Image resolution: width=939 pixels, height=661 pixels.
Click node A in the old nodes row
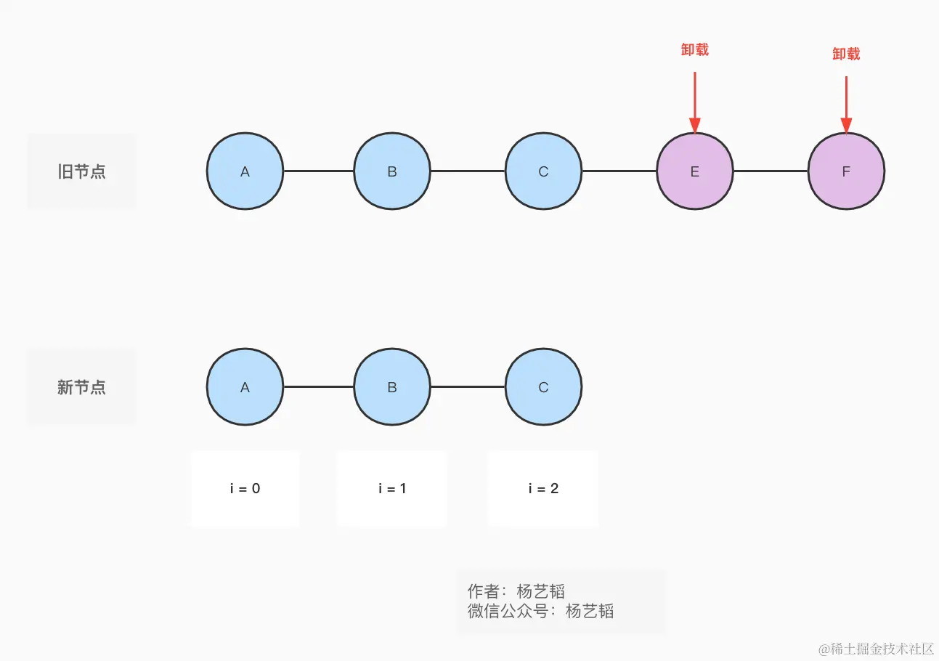point(245,171)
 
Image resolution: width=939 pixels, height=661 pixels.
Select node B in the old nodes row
point(392,171)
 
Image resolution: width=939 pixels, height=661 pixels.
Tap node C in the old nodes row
point(543,171)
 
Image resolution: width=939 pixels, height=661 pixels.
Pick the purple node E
point(695,171)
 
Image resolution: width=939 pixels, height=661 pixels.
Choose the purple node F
point(846,171)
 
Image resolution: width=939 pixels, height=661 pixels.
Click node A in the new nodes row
point(245,387)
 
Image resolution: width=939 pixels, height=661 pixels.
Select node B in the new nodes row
point(392,387)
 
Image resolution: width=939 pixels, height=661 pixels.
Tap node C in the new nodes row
point(543,387)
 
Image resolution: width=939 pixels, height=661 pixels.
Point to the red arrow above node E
point(695,102)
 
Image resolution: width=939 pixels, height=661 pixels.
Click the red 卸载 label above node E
point(695,49)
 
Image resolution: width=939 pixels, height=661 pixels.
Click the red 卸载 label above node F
point(846,54)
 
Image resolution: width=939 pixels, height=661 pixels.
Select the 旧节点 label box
point(81,171)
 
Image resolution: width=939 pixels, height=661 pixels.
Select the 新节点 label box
point(81,387)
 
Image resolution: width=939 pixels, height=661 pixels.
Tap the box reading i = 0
point(245,488)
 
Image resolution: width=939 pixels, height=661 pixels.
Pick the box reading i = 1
point(392,488)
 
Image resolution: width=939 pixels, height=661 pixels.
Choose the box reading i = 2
point(543,488)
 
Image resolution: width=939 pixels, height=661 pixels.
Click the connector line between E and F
point(771,171)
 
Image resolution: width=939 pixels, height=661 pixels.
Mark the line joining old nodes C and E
point(619,171)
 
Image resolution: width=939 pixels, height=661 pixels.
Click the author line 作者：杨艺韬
point(516,591)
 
